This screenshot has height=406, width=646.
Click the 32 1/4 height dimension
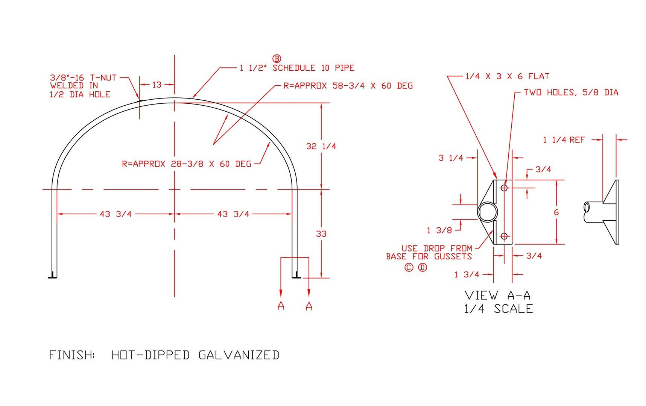(x=321, y=146)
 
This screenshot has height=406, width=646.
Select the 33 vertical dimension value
(x=321, y=234)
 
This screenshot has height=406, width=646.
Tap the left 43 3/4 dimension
(x=116, y=214)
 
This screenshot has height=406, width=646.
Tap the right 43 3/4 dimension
(x=233, y=214)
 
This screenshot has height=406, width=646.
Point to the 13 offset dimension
(x=157, y=85)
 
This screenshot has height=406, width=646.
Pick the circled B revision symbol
(x=277, y=59)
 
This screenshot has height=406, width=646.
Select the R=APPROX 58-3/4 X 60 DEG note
(x=348, y=86)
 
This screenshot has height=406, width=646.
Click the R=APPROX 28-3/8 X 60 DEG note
(x=187, y=164)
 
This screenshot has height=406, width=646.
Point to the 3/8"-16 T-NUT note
(x=83, y=78)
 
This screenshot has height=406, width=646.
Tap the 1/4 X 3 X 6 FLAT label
(x=507, y=76)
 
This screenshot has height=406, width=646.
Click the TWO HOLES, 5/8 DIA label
(x=571, y=92)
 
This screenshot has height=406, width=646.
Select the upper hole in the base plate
(x=504, y=188)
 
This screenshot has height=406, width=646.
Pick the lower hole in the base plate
(x=504, y=236)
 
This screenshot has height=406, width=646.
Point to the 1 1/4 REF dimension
(x=564, y=140)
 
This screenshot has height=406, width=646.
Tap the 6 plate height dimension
(x=556, y=212)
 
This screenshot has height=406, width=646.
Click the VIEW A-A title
(x=498, y=295)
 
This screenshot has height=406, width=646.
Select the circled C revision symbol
(x=409, y=268)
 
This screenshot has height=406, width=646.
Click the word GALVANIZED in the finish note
(x=239, y=355)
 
